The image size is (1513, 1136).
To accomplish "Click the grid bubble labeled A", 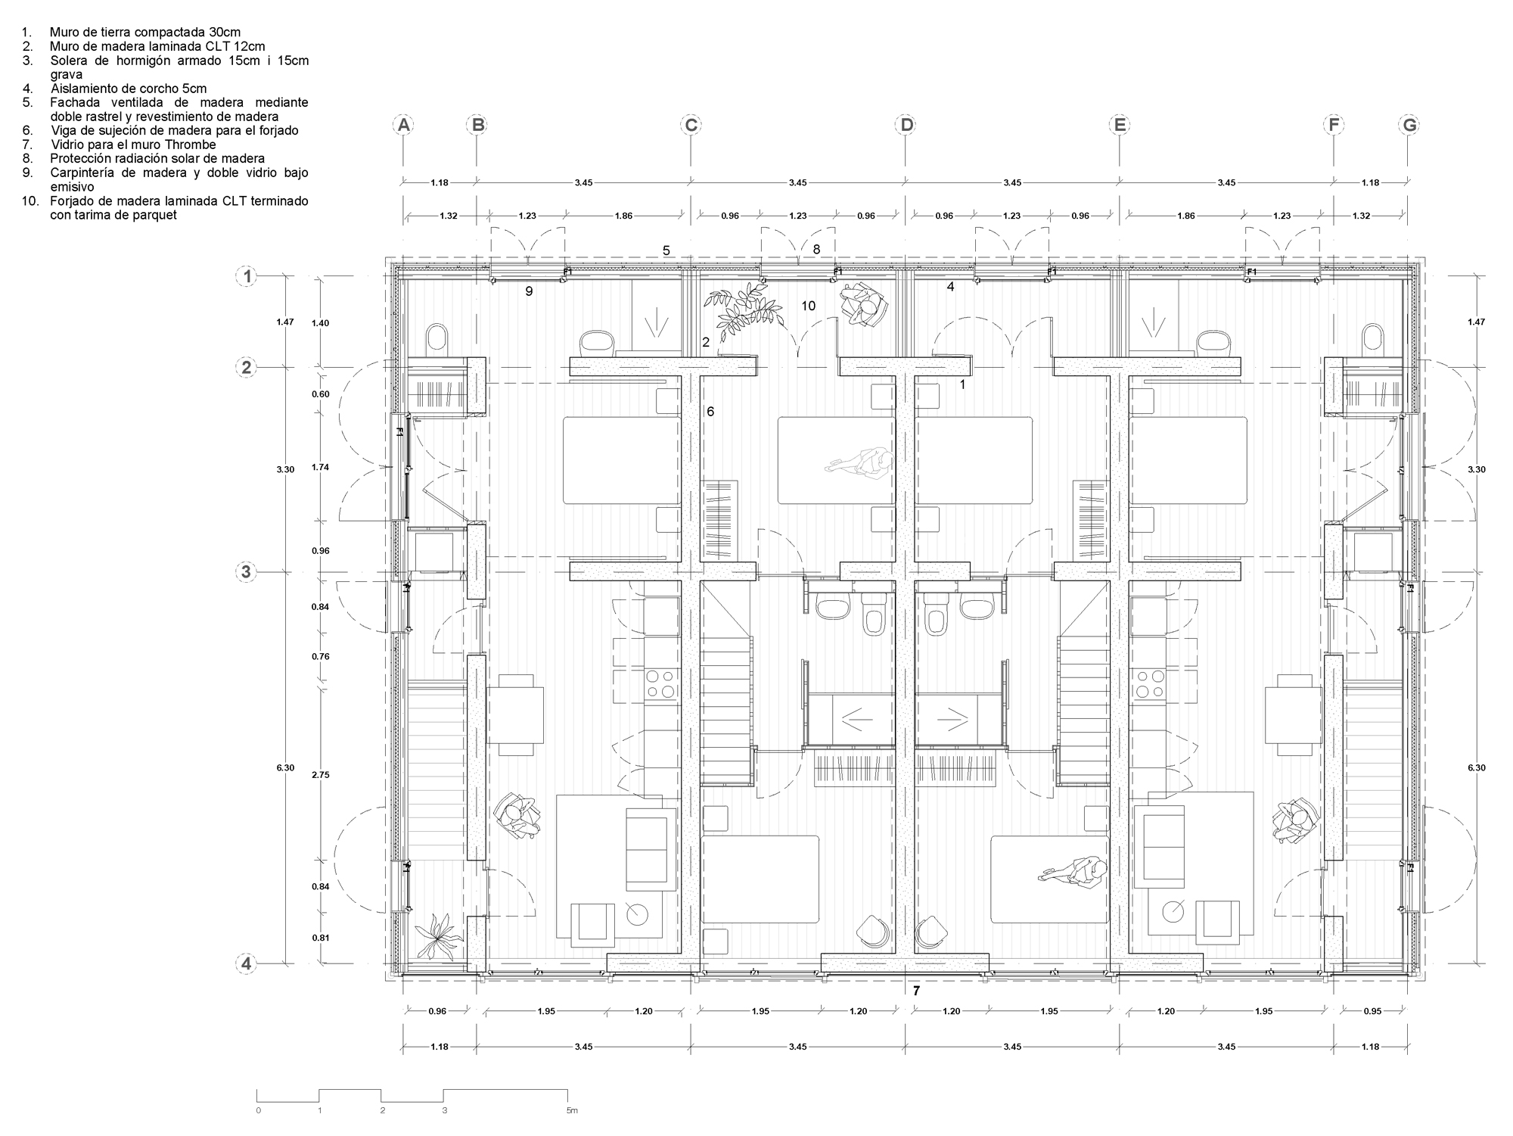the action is click(404, 125).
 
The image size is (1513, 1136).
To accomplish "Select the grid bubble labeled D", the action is click(906, 125).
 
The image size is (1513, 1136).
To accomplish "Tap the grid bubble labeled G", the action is click(1409, 125).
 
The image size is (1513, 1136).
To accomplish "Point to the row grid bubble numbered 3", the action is click(247, 572).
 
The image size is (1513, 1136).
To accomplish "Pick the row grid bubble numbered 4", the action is click(247, 964).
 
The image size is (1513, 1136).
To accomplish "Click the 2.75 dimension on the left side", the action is click(320, 775).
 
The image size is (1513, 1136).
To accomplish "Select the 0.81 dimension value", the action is click(320, 938).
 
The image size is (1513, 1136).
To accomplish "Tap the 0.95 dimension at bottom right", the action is click(1370, 1010).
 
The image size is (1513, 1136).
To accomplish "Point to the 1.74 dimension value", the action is click(320, 468).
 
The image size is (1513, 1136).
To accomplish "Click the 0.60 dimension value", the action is click(320, 394).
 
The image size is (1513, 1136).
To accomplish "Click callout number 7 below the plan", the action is click(916, 990).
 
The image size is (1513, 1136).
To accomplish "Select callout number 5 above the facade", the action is click(666, 251).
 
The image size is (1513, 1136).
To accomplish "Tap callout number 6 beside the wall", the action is click(710, 412).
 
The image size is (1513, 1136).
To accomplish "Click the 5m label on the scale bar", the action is click(571, 1110).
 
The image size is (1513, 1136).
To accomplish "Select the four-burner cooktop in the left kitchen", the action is click(660, 684).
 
